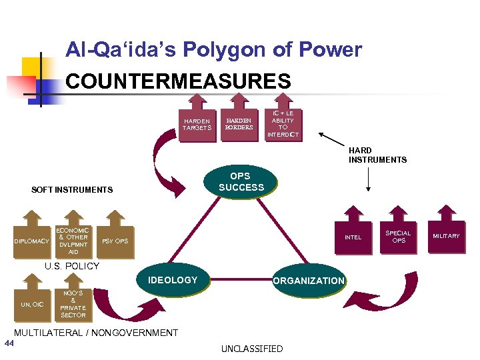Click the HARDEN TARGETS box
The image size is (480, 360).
coord(197,124)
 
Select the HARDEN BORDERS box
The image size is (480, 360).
coord(239,124)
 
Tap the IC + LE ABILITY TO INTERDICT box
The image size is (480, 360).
coord(283,124)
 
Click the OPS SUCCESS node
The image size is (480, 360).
coord(241,182)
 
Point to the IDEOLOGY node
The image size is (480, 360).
coord(173,280)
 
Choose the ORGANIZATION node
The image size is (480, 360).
coord(308,281)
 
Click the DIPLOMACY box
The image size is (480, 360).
coord(32,241)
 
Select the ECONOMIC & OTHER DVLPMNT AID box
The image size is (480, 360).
coord(73,241)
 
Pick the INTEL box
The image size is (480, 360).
coord(353,237)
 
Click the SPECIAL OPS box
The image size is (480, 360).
coord(398,237)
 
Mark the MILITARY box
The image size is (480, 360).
coord(446,236)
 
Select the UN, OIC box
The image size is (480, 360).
coord(32,304)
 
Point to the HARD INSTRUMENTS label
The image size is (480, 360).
coord(377,155)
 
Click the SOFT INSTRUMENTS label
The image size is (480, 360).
coord(72,190)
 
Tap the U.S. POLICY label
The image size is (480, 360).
coord(71,266)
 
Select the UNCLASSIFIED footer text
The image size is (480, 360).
coord(252,349)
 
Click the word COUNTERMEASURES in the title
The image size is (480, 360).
coord(179,81)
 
